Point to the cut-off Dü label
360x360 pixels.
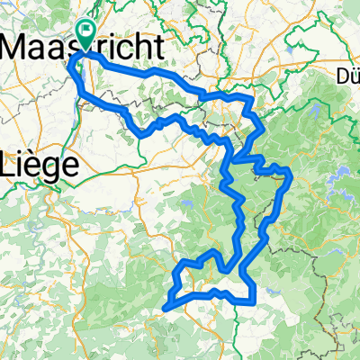coord(347,75)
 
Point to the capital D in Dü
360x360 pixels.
coord(341,75)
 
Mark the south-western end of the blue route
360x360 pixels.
coord(166,309)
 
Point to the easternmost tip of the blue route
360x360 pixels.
coord(291,171)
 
